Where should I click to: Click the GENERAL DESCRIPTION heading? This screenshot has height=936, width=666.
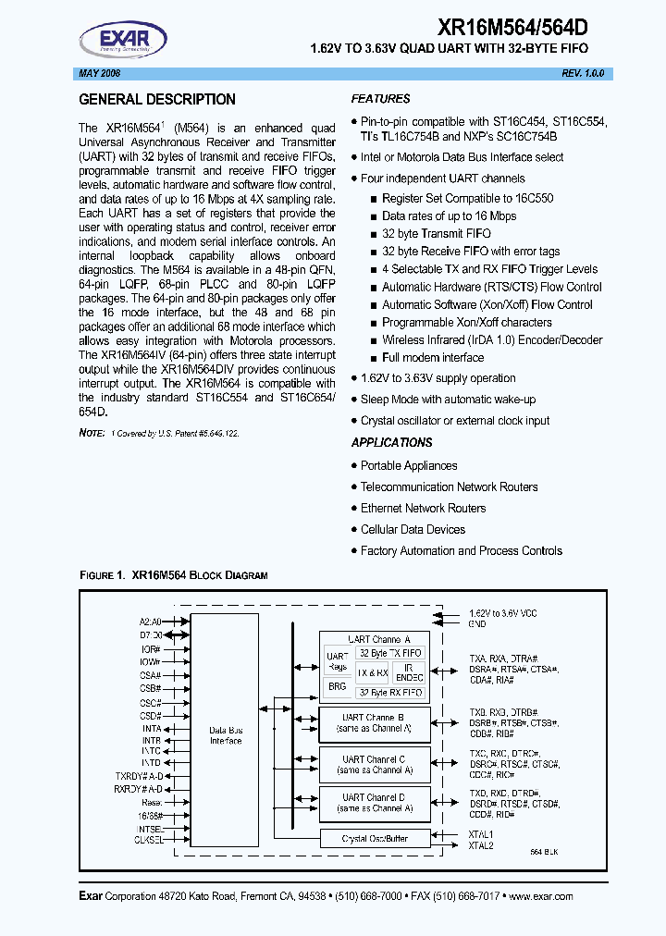click(157, 100)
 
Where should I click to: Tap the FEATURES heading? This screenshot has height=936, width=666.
click(380, 99)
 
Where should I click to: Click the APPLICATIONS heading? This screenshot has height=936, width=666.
click(391, 443)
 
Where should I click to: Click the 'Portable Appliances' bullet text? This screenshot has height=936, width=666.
click(409, 466)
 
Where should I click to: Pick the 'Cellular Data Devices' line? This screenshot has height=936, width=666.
click(413, 530)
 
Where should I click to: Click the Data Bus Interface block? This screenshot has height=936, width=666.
click(226, 735)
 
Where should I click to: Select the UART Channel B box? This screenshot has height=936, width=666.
click(374, 722)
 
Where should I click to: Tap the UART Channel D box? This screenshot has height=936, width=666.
click(374, 802)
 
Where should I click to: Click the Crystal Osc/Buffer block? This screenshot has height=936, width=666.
click(374, 839)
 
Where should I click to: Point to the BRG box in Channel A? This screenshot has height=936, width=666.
click(337, 687)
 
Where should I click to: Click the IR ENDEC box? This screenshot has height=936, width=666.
click(409, 672)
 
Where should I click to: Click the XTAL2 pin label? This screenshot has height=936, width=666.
click(481, 845)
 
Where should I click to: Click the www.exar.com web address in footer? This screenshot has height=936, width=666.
click(540, 896)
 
